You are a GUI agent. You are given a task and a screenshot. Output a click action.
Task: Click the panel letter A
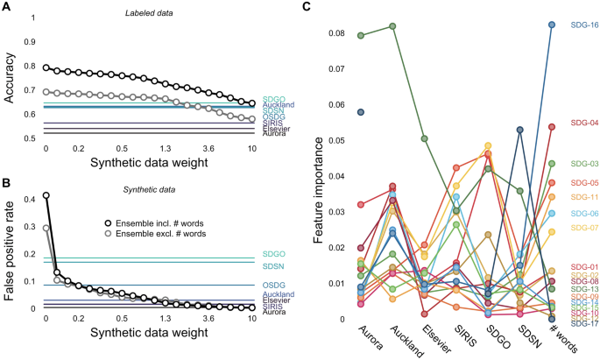click(6, 8)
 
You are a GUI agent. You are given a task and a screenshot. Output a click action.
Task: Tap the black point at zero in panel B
click(46, 195)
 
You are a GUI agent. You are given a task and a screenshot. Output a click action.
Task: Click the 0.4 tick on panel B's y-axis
click(30, 200)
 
